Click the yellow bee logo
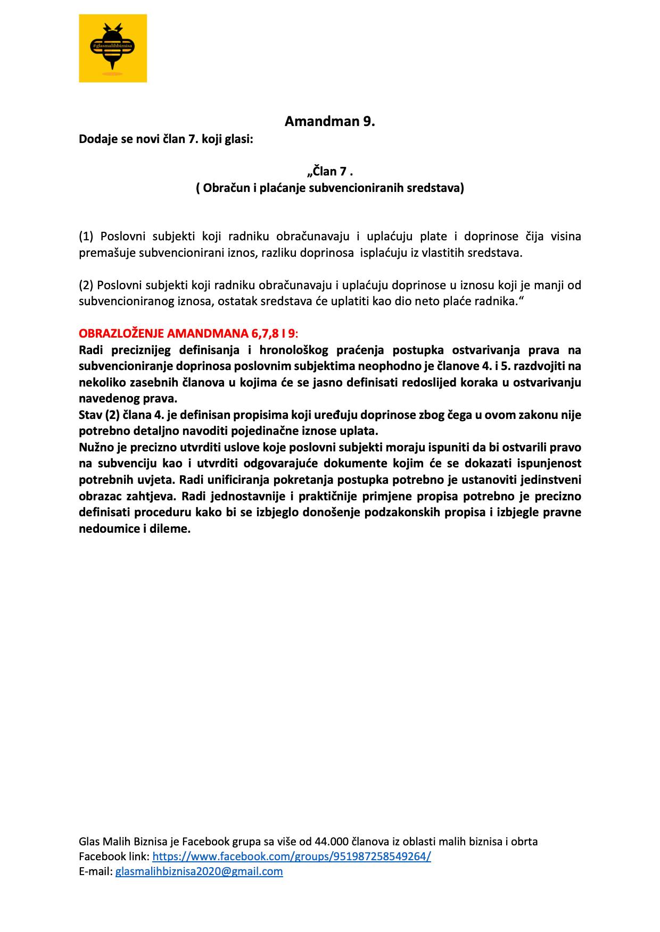[x=113, y=48]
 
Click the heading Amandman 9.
[x=329, y=122]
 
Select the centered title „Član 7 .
[x=330, y=171]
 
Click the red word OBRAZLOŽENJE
[x=121, y=334]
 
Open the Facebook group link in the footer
[x=292, y=857]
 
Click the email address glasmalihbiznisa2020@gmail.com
[x=199, y=871]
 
